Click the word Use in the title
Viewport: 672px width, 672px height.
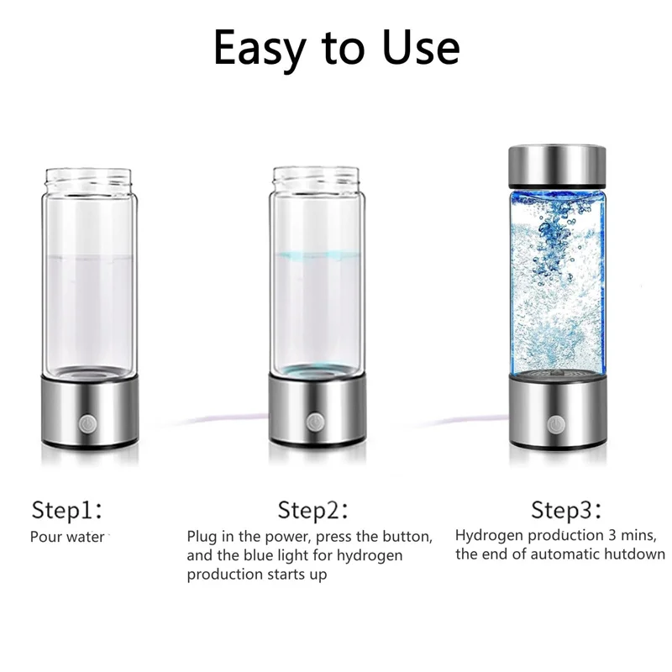point(417,49)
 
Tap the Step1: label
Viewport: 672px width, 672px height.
point(67,510)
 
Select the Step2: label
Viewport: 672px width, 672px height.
point(312,510)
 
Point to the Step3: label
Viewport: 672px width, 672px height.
point(566,510)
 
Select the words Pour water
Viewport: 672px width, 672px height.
point(67,536)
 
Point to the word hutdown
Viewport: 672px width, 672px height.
point(631,554)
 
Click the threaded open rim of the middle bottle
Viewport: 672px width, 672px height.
point(315,178)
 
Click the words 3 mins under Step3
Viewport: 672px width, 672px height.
point(629,535)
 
